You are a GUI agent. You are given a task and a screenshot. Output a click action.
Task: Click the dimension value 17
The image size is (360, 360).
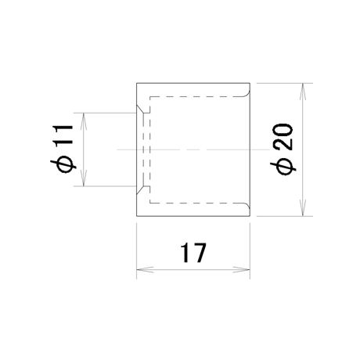[x=193, y=253]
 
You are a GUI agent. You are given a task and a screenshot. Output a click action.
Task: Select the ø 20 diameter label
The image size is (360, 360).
[x=283, y=149]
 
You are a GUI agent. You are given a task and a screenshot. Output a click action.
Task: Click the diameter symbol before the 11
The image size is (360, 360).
[x=63, y=165]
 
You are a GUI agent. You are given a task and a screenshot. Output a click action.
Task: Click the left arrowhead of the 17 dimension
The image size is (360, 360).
[x=145, y=270]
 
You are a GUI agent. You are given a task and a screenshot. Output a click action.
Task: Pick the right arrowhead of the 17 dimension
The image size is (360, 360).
[x=242, y=270]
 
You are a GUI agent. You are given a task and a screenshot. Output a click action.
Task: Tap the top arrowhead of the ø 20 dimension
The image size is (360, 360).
[x=303, y=92]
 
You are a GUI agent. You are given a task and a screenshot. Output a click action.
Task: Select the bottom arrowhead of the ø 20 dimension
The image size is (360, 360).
[x=303, y=207]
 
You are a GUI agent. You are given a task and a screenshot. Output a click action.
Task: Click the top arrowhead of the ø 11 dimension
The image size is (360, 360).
[x=83, y=121]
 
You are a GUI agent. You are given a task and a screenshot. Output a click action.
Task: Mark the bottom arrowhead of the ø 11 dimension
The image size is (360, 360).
[x=83, y=178]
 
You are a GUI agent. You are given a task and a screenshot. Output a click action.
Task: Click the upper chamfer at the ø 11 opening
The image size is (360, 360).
[x=140, y=110]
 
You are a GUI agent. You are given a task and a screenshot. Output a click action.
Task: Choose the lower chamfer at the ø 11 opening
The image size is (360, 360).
[x=140, y=190]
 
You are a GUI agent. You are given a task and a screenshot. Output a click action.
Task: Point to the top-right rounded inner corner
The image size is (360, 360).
[x=247, y=93]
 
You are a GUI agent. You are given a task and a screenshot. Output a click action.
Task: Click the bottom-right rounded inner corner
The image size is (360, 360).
[x=247, y=207]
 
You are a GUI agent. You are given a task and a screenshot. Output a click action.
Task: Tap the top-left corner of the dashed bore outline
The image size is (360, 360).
[x=149, y=97]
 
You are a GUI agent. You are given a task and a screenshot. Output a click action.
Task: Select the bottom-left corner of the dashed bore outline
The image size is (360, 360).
[x=149, y=203]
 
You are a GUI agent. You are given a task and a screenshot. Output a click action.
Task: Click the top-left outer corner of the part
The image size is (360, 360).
[x=137, y=83]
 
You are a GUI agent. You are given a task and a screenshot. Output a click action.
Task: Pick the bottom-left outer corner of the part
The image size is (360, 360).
[x=137, y=216]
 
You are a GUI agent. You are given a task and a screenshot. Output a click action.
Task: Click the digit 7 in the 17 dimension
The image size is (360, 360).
[x=199, y=253]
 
